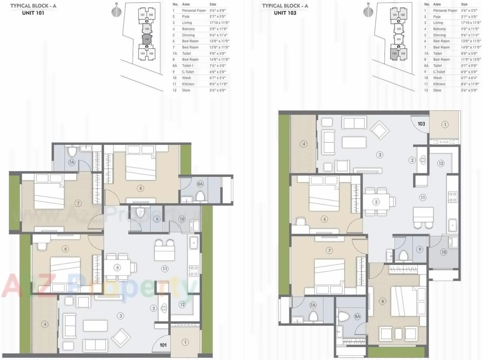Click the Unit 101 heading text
click(33, 13)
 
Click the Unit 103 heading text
click(285, 13)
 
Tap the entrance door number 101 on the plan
click(163, 345)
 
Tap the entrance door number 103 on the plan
click(421, 124)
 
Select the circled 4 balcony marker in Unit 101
click(45, 324)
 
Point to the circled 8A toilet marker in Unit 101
click(200, 184)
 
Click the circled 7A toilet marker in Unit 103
click(313, 305)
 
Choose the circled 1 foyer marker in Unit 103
click(445, 124)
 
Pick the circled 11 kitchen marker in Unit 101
click(165, 269)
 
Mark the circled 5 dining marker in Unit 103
click(376, 202)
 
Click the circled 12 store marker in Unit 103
click(441, 163)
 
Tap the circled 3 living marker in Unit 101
click(121, 315)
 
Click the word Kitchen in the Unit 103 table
click(439, 84)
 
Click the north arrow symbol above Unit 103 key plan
click(368, 11)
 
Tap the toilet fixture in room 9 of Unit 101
click(141, 213)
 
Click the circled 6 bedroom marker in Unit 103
click(324, 219)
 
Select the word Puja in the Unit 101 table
click(186, 17)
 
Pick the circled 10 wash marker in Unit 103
click(443, 252)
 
